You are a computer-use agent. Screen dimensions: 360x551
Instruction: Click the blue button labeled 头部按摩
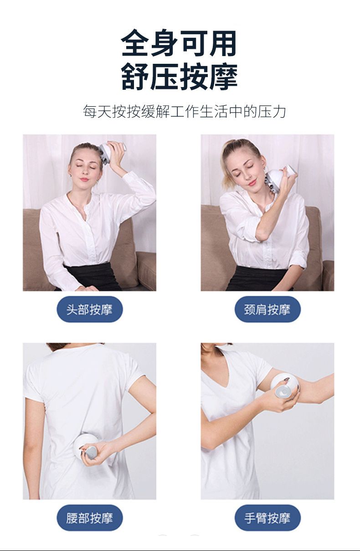point(89,309)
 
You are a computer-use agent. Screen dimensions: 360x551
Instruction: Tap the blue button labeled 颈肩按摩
point(267,309)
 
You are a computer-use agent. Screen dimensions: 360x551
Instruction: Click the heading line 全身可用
point(179,44)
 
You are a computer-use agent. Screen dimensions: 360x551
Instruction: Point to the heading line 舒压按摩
point(180,76)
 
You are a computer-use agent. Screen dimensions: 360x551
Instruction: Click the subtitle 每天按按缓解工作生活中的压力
point(184,112)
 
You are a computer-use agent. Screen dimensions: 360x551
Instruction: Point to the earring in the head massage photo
point(71,175)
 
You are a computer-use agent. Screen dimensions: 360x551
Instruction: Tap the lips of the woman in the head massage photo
point(84,179)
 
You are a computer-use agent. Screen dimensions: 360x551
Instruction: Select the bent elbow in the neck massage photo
point(259,236)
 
